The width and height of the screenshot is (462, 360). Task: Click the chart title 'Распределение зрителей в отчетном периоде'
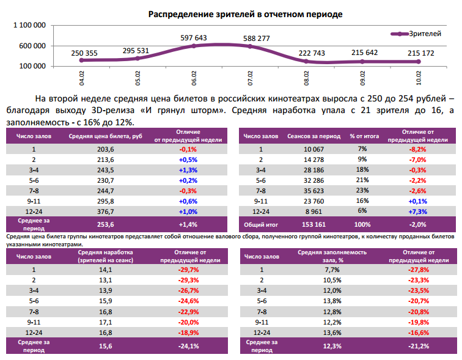[237, 13]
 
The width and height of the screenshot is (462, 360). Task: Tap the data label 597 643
[194, 38]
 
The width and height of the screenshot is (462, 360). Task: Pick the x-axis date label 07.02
[250, 78]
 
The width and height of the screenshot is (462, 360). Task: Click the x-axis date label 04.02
[81, 78]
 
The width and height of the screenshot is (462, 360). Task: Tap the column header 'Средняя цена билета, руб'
[106, 136]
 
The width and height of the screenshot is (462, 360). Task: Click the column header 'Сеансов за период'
[309, 136]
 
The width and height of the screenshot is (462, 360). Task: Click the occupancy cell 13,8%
[332, 301]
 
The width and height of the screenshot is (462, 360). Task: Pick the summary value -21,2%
[417, 346]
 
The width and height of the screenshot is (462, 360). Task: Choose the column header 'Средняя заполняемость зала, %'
[332, 255]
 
